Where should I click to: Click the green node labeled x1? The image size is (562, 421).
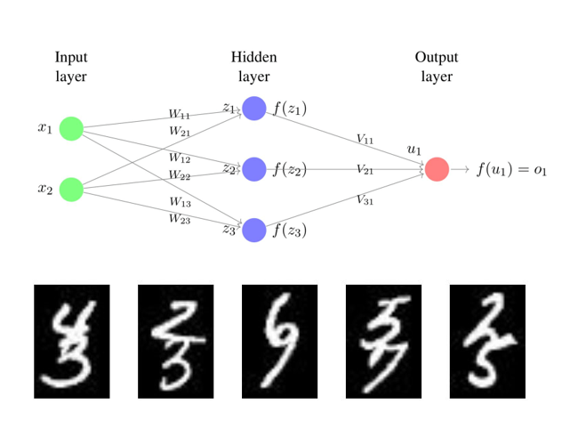point(71,128)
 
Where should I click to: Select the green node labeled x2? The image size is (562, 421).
point(71,189)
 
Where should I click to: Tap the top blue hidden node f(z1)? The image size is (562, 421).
point(254,109)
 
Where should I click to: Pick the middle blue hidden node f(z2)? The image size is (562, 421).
point(254,169)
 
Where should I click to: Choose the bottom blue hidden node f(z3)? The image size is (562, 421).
point(254,230)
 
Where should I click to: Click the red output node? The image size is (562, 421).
point(437,169)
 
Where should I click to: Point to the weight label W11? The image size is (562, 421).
point(180,115)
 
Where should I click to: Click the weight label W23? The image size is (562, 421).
point(180,218)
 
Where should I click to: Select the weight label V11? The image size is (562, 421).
point(365,139)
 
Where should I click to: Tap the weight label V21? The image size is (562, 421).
point(365,169)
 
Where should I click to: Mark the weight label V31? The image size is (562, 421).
point(365,199)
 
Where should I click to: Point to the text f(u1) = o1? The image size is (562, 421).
point(510,170)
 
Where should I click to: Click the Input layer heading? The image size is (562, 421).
point(71,67)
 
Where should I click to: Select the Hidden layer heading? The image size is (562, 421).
point(254,67)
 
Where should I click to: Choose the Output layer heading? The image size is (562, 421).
point(437,67)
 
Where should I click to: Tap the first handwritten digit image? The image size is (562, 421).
point(71,341)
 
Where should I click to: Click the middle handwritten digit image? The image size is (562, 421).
point(280,341)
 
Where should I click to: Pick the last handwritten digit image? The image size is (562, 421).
point(487,341)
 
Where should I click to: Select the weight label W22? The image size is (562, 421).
point(180,175)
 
